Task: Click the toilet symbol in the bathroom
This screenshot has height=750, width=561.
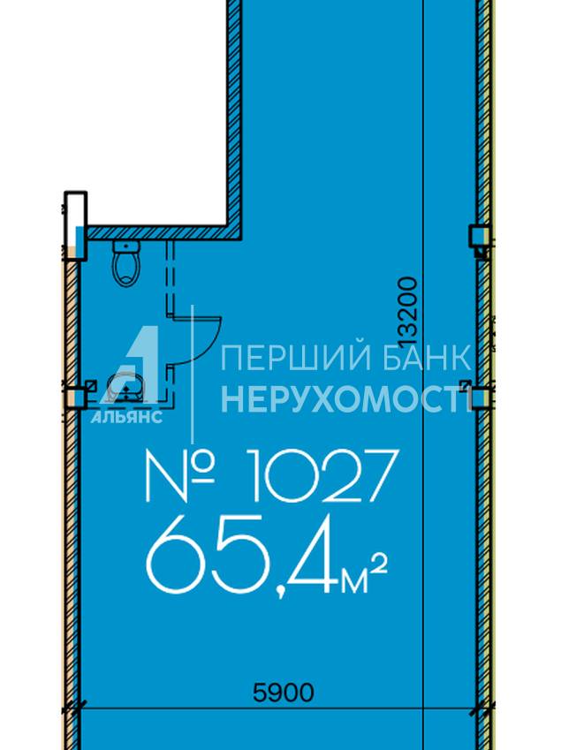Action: pos(126,263)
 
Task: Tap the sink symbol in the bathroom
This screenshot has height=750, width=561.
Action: pos(125,388)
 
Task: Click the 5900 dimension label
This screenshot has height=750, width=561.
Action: pos(283,692)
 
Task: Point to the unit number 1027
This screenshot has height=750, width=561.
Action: pos(323,475)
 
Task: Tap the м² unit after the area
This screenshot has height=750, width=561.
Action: pos(364,576)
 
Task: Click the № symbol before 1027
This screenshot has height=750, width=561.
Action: pos(179,476)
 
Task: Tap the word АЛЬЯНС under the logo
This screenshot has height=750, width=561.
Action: pos(126,417)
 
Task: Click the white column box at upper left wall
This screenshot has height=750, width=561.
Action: pos(76,225)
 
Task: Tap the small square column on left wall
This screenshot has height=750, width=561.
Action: pos(76,398)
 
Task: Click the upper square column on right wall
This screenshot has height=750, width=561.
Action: pos(480,236)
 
